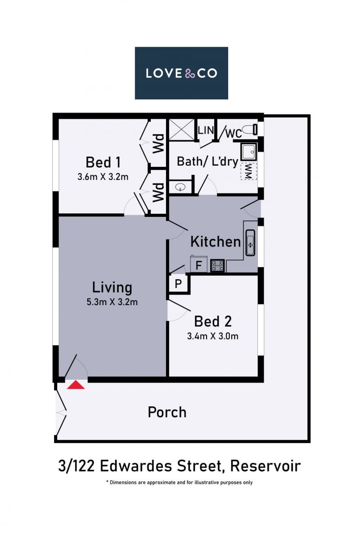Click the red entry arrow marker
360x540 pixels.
(x=76, y=384)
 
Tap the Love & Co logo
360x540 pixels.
(x=181, y=73)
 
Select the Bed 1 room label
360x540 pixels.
(x=103, y=162)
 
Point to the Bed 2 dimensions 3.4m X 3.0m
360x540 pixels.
(x=213, y=336)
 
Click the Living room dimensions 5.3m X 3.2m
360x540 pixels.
(x=112, y=302)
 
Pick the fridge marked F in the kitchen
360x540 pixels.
(x=199, y=264)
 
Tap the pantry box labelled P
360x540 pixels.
(x=178, y=283)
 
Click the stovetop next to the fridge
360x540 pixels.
(x=217, y=265)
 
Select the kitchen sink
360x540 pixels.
(x=250, y=243)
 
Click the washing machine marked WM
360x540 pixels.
(x=248, y=171)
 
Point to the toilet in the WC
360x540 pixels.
(x=249, y=130)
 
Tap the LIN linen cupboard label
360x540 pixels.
(x=206, y=130)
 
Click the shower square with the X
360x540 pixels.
(x=181, y=130)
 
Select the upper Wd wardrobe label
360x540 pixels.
(x=158, y=144)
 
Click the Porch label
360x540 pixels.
(x=167, y=412)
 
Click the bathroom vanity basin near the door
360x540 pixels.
(x=180, y=187)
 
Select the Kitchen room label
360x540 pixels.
(x=216, y=241)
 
